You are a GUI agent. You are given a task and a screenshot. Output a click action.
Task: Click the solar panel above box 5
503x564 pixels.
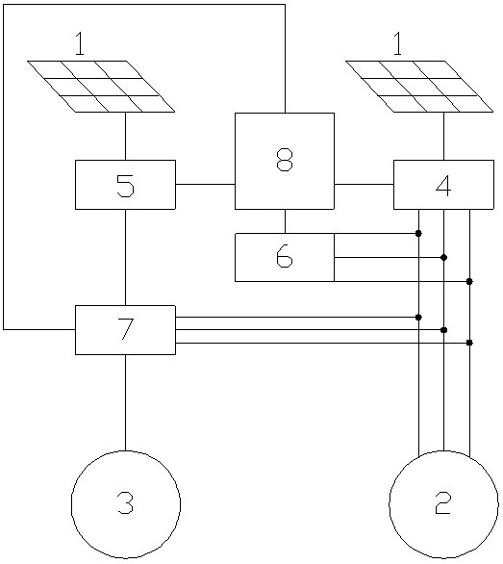[101, 87]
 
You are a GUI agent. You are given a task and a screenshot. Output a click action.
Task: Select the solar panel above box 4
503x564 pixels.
[419, 87]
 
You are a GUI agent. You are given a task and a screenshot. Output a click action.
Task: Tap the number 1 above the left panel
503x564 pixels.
[80, 43]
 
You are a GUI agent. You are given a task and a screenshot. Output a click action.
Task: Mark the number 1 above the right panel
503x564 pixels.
[397, 43]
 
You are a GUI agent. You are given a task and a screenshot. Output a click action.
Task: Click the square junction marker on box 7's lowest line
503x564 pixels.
[469, 343]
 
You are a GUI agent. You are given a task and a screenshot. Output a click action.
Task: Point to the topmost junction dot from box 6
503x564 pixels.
[418, 234]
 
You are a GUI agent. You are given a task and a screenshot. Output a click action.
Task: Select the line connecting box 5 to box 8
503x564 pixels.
[205, 184]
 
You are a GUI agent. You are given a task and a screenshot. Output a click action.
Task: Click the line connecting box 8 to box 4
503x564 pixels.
[364, 184]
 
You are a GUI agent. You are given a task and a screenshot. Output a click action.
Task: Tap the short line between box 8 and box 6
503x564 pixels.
[285, 221]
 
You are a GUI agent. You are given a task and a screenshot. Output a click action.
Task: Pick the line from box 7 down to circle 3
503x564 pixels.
[125, 402]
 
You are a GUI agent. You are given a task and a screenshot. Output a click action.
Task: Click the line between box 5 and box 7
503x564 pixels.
[125, 257]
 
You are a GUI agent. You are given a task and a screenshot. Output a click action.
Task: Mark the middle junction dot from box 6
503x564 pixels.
[443, 258]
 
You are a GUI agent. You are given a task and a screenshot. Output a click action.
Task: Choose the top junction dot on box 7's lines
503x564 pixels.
[418, 318]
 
